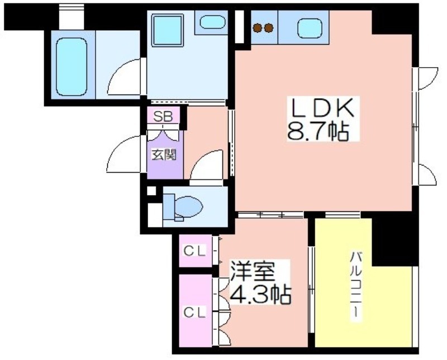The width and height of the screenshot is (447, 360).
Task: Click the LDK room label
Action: pos(323,108)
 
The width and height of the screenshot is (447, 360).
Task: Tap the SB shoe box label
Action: pos(163,116)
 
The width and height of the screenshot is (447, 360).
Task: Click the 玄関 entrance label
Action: pos(164,155)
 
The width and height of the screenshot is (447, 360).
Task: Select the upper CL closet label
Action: pos(194,252)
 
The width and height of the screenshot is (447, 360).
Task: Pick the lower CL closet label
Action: pos(194,312)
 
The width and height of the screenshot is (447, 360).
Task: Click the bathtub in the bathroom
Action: pos(72,67)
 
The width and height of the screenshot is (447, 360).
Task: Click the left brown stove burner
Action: pos(258,27)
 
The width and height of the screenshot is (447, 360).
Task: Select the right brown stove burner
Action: pos(269,27)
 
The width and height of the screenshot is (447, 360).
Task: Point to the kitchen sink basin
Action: pos(310,29)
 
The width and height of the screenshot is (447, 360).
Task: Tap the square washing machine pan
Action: pos(167,30)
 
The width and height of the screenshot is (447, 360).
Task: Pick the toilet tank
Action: pos(168,207)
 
